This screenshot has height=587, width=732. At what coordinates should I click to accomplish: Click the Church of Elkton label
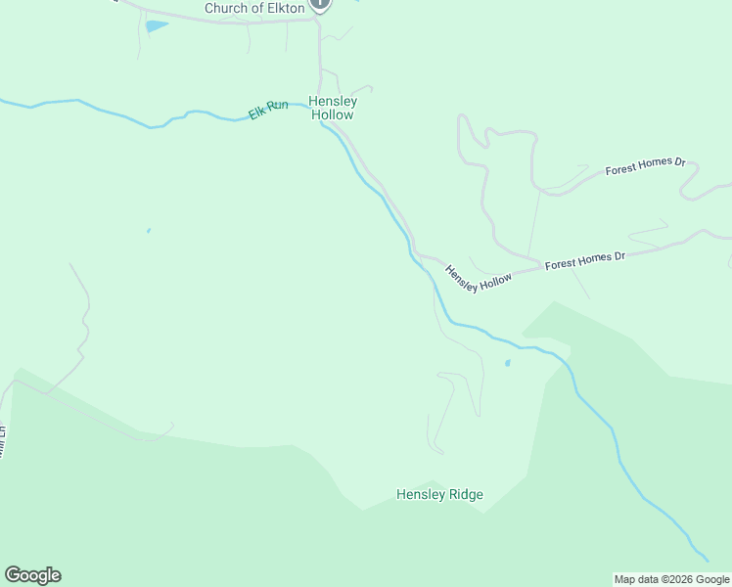[x=254, y=9]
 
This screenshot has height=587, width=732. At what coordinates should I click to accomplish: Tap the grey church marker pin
[x=320, y=5]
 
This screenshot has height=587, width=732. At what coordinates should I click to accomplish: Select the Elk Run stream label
[x=268, y=110]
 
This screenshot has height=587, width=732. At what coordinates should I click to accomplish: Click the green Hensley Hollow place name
[x=333, y=108]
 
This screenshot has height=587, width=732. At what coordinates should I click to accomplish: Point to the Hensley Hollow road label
[x=479, y=277]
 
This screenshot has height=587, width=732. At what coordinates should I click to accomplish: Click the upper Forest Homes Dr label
[x=645, y=166]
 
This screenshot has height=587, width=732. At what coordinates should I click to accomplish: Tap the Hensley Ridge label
[x=439, y=494]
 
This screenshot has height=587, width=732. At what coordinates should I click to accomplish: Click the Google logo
[x=32, y=575]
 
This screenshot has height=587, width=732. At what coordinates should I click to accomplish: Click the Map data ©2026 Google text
[x=671, y=579]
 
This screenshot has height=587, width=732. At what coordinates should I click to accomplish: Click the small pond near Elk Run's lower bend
[x=507, y=363]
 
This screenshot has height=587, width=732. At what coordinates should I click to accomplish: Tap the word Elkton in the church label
[x=284, y=9]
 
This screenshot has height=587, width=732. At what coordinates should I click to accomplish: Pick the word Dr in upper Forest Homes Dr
[x=678, y=160]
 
